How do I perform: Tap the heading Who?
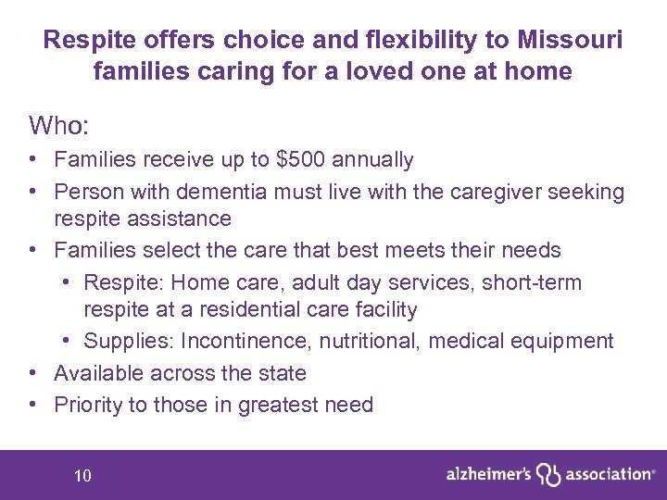pos(57,124)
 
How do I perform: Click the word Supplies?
pos(129,341)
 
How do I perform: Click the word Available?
pos(99,373)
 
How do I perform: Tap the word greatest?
pos(274,405)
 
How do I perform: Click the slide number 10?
pos(82,476)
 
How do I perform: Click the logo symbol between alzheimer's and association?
pos(550,474)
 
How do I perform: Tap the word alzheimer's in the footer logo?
pos(488,473)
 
